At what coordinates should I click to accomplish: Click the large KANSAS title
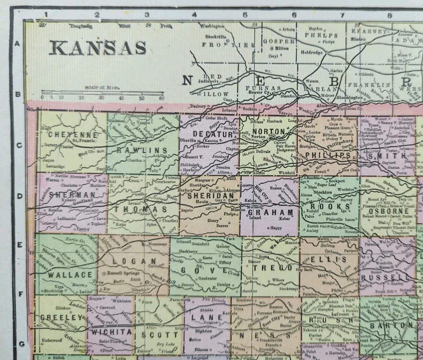click(x=97, y=47)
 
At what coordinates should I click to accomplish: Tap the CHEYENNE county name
click(x=73, y=134)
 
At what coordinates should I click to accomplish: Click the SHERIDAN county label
click(x=211, y=195)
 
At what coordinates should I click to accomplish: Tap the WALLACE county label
click(x=64, y=274)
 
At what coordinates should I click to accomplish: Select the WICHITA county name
click(x=111, y=331)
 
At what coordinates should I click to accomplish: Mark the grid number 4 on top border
click(x=194, y=15)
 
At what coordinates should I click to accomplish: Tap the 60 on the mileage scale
click(x=161, y=98)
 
